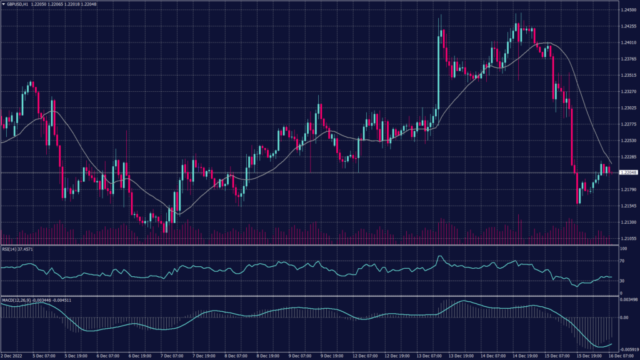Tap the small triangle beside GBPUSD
coord(4,4)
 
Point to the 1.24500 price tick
coord(628,10)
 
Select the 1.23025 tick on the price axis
coord(628,107)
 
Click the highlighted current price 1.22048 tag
coord(628,172)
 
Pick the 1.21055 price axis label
coord(628,238)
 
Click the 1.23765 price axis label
coord(628,59)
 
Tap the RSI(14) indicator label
coord(9,249)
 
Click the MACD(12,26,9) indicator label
coord(16,300)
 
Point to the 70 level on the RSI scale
coord(622,261)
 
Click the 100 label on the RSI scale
coord(623,249)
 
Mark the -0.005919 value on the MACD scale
coord(628,349)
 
